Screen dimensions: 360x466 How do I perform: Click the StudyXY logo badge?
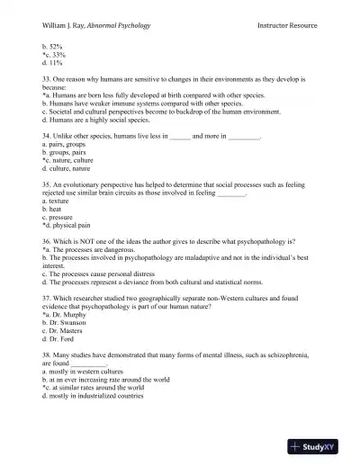pyautogui.click(x=322, y=446)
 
